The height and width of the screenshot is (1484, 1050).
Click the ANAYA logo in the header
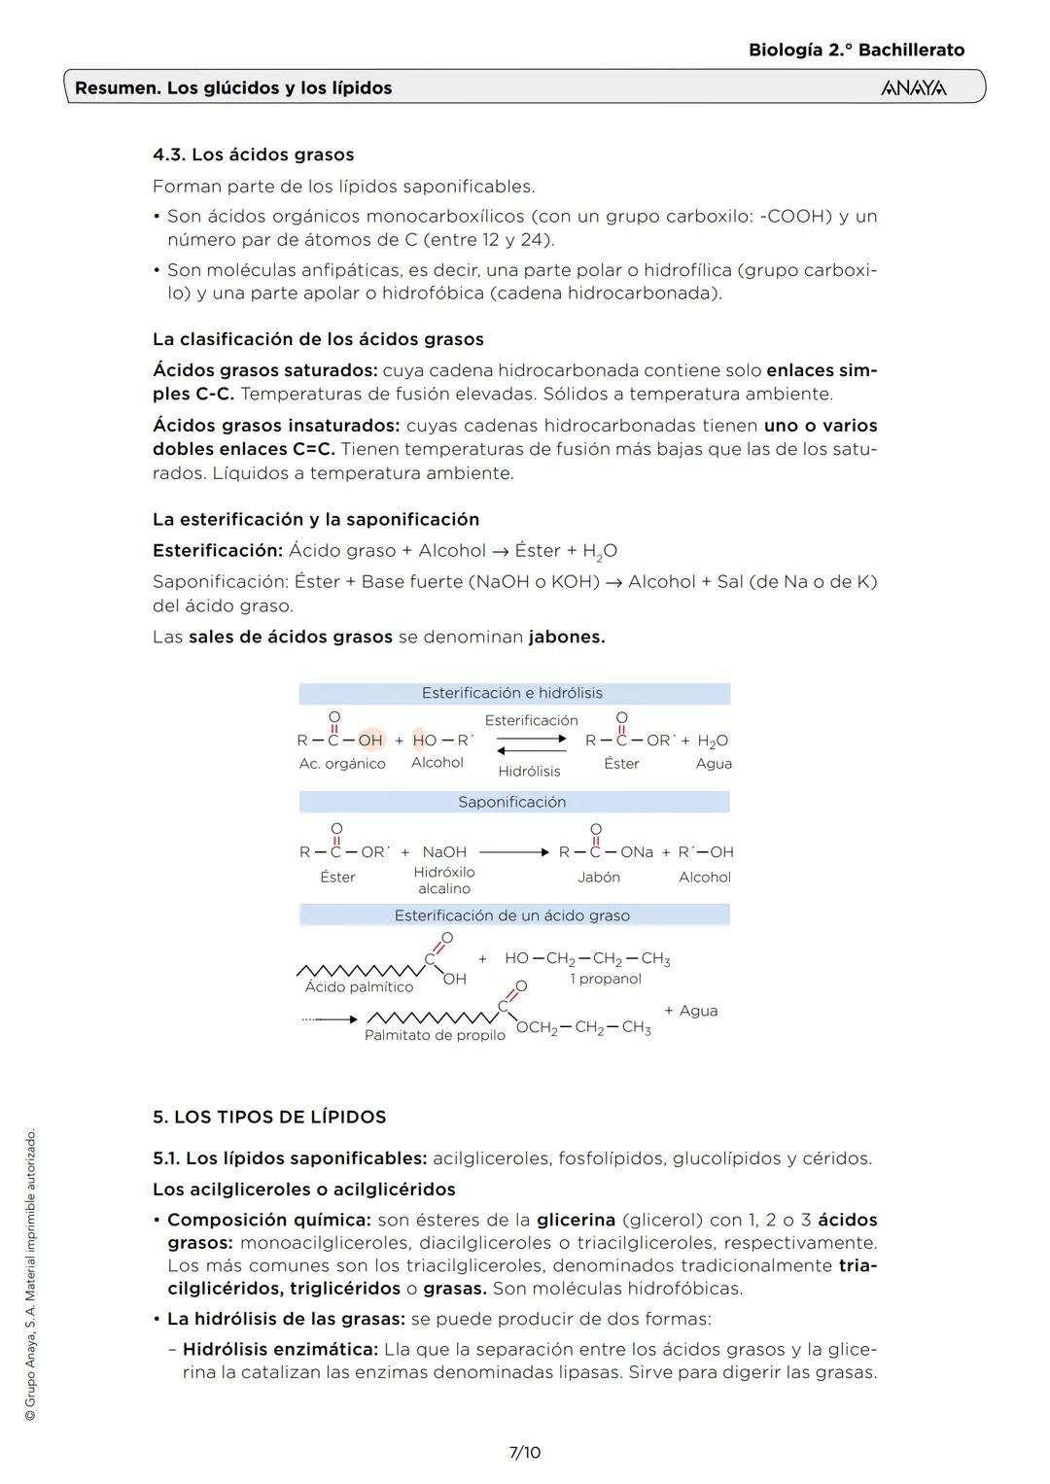pyautogui.click(x=913, y=88)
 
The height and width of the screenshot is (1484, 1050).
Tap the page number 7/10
pyautogui.click(x=525, y=1452)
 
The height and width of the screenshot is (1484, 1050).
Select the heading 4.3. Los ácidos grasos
pyautogui.click(x=253, y=155)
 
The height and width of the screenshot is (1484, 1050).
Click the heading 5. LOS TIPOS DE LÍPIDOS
pyautogui.click(x=269, y=1117)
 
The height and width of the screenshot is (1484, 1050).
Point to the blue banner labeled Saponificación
pyautogui.click(x=513, y=802)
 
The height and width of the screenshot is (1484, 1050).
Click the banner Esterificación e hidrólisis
pyautogui.click(x=513, y=693)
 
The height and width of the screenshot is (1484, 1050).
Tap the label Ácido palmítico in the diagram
pyautogui.click(x=359, y=986)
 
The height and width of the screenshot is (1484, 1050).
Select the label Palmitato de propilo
pyautogui.click(x=435, y=1035)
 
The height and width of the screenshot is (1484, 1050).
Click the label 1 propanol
pyautogui.click(x=606, y=979)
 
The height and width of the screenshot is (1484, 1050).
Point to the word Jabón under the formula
pyautogui.click(x=599, y=877)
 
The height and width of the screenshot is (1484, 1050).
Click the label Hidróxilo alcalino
pyautogui.click(x=444, y=880)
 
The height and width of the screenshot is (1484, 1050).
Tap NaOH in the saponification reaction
pyautogui.click(x=444, y=852)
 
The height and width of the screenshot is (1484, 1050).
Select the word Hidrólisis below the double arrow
pyautogui.click(x=529, y=771)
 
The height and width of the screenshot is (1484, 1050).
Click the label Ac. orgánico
pyautogui.click(x=342, y=764)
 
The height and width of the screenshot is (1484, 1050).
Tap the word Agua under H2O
pyautogui.click(x=714, y=764)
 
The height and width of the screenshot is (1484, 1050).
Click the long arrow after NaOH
pyautogui.click(x=514, y=852)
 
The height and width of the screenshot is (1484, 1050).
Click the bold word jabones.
pyautogui.click(x=567, y=638)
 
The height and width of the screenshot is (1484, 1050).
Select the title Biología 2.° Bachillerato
pyautogui.click(x=857, y=50)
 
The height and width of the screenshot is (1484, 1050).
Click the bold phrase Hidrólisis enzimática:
pyautogui.click(x=280, y=1349)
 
